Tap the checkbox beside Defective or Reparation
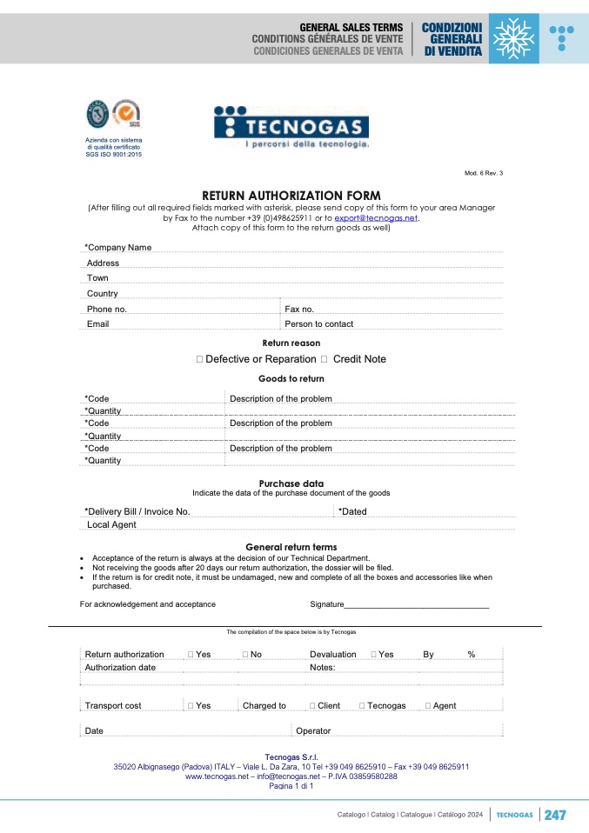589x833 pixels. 199,359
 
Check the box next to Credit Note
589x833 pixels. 324,359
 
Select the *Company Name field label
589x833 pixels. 117,248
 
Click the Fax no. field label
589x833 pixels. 299,310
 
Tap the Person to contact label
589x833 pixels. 318,324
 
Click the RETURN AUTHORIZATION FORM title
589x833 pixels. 291,196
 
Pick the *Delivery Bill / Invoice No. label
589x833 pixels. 137,512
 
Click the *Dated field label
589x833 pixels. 352,512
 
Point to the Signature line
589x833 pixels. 418,603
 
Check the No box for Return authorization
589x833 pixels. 245,655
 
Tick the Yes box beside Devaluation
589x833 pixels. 374,655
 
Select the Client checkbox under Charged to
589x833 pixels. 312,706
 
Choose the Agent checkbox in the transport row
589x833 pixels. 428,706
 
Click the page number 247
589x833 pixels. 555,815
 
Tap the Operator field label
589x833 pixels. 313,731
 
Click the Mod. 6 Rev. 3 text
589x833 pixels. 484,173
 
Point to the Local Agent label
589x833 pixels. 111,525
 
